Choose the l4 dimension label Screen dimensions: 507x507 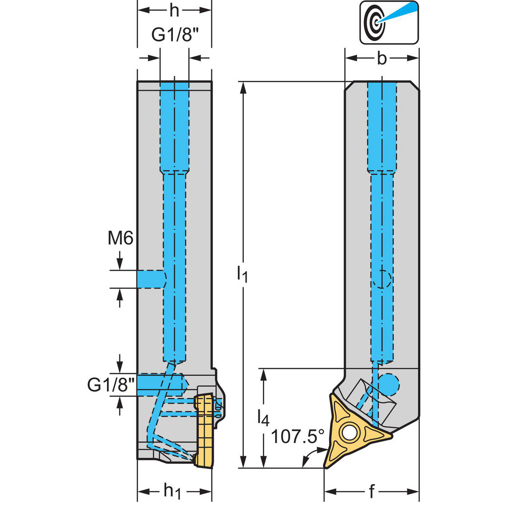262,417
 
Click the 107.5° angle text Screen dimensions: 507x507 297,436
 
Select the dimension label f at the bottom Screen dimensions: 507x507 371,490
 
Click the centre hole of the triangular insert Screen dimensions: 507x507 348,432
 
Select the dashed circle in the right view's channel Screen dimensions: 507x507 381,279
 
